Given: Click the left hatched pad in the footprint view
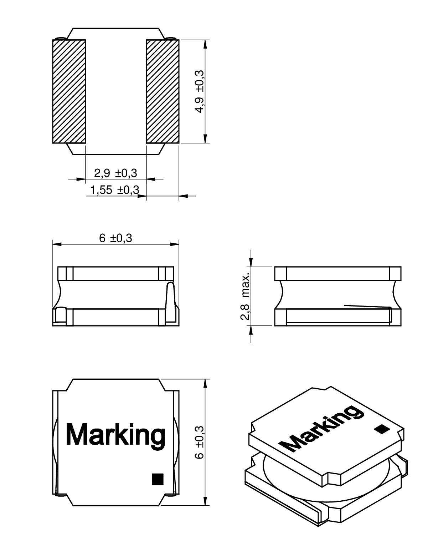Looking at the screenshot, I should coord(69,91).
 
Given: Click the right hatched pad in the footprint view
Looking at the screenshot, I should coord(163,91).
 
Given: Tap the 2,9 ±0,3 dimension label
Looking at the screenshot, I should coord(115,173).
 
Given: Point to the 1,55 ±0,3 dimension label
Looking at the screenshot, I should coord(114,191).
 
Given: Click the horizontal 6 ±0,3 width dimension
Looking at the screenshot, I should coord(115,238).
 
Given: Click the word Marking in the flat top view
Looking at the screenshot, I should coord(115,434).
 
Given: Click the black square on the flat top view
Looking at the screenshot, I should coord(157,479).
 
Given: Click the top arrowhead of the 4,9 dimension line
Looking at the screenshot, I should coord(205,44).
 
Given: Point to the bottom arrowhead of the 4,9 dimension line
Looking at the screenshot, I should coord(205,139).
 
